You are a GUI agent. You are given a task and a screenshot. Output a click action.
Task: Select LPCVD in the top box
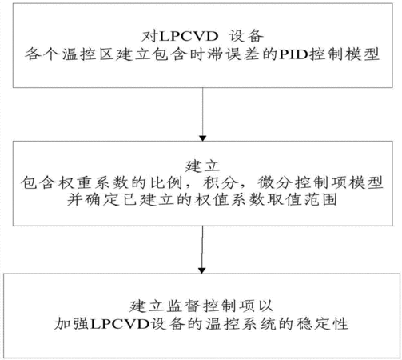[x=189, y=36]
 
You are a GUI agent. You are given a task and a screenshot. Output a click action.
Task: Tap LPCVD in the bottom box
[x=120, y=324]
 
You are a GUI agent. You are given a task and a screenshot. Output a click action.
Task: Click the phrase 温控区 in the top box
[x=88, y=54]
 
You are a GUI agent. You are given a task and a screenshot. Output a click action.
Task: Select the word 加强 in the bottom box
[x=71, y=324]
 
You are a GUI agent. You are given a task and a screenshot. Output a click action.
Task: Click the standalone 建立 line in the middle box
[x=202, y=166]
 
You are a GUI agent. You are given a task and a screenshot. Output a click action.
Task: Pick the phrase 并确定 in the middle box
[x=94, y=200]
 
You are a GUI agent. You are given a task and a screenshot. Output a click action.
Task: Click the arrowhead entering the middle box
[x=203, y=138]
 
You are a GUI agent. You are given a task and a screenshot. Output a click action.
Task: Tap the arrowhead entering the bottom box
[x=202, y=270]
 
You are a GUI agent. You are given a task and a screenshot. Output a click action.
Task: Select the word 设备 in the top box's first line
[x=246, y=36]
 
